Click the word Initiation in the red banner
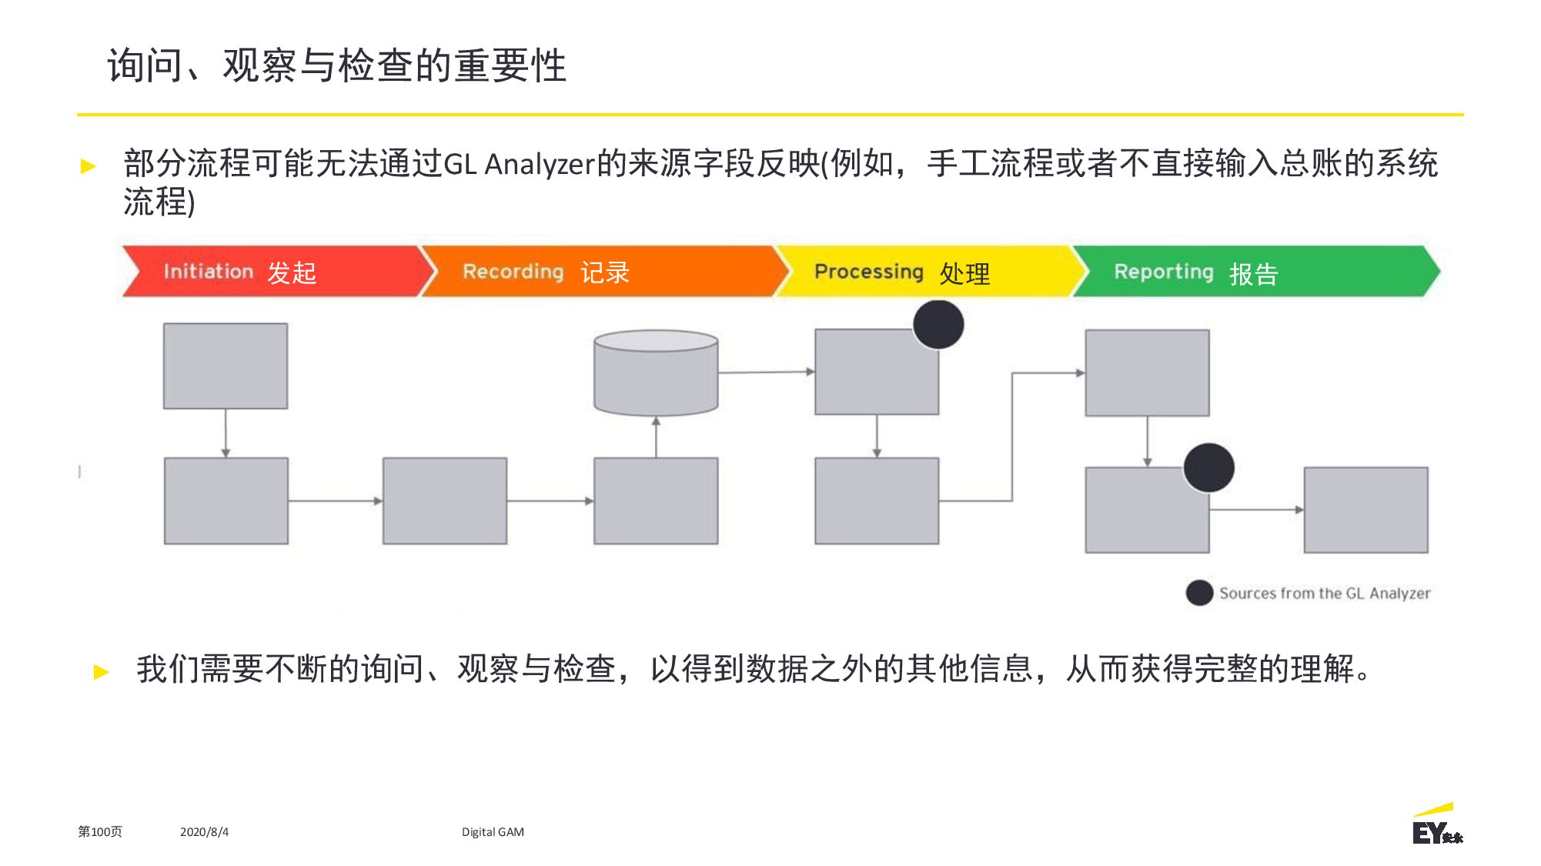(208, 272)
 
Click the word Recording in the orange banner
(513, 273)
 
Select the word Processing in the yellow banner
(868, 273)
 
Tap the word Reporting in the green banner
(1163, 273)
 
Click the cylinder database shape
(656, 373)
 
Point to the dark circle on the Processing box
(938, 324)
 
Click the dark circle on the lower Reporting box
(1208, 468)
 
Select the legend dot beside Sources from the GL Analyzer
(1199, 593)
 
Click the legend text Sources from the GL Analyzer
(1325, 593)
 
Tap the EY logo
(1436, 824)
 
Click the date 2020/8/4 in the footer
(204, 832)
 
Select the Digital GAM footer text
(493, 832)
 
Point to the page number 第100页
(100, 832)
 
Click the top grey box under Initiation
(226, 366)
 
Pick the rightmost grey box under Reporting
(1366, 510)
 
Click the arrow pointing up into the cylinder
(656, 437)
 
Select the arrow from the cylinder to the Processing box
(767, 372)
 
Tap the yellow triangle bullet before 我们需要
(101, 672)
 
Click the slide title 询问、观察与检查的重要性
(337, 65)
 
